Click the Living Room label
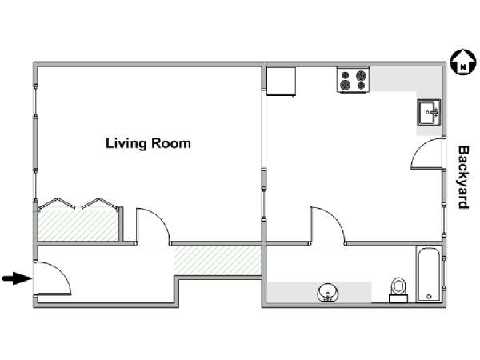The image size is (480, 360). click(148, 143)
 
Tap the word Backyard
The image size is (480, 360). click(463, 178)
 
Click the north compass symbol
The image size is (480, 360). click(463, 62)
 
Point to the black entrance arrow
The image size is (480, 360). click(17, 278)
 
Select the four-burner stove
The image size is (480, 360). click(354, 79)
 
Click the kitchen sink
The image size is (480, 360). click(429, 113)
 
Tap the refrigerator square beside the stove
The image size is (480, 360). click(281, 81)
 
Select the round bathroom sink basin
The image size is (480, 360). click(328, 292)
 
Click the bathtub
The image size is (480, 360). click(429, 274)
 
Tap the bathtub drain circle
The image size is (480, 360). click(429, 296)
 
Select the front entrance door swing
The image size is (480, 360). click(62, 272)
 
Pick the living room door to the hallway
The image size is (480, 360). click(162, 218)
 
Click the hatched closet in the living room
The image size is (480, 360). click(78, 226)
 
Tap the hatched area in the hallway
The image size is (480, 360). click(218, 261)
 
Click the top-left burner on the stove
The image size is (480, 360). click(346, 75)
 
